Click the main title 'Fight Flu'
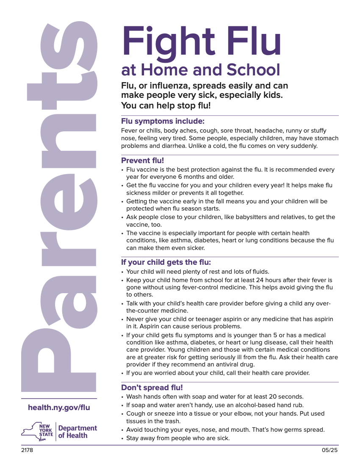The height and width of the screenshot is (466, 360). pos(202,42)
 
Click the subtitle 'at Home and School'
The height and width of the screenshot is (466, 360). pos(201,70)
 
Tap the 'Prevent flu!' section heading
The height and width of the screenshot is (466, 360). pos(142,161)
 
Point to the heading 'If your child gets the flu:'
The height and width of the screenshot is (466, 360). pos(166,262)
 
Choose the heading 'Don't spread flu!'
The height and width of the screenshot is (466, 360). pos(152,388)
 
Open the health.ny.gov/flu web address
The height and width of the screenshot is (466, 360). pos(59,408)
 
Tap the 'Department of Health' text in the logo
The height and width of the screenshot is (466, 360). pos(78,432)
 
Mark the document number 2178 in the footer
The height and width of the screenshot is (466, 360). pos(27,450)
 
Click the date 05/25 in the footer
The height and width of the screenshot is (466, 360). pos(330,450)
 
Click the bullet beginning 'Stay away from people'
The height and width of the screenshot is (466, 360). pos(178,438)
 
